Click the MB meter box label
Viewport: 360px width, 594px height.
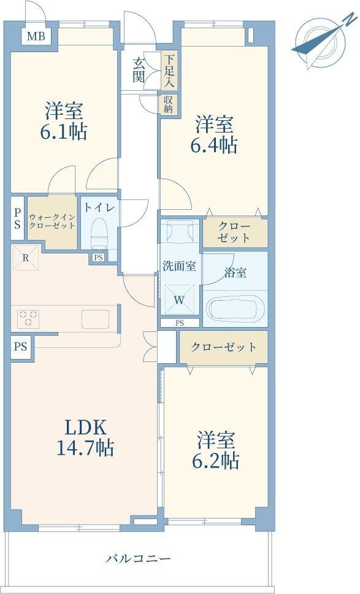pyautogui.click(x=36, y=37)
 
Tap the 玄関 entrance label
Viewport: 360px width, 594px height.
pyautogui.click(x=139, y=70)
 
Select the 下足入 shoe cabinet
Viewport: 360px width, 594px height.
pyautogui.click(x=169, y=70)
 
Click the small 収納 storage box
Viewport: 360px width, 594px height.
pyautogui.click(x=167, y=104)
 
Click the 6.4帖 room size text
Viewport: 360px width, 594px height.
pyautogui.click(x=214, y=144)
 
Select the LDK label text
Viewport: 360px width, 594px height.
pyautogui.click(x=85, y=428)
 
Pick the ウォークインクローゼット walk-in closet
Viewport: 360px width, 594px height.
pyautogui.click(x=53, y=222)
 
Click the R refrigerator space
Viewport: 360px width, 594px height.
pyautogui.click(x=25, y=258)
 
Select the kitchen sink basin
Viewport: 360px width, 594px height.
pyautogui.click(x=96, y=319)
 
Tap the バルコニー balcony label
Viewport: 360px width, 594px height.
pyautogui.click(x=139, y=558)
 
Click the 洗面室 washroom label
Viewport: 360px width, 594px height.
pyautogui.click(x=179, y=266)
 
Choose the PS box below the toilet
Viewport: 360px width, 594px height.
pyautogui.click(x=98, y=258)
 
